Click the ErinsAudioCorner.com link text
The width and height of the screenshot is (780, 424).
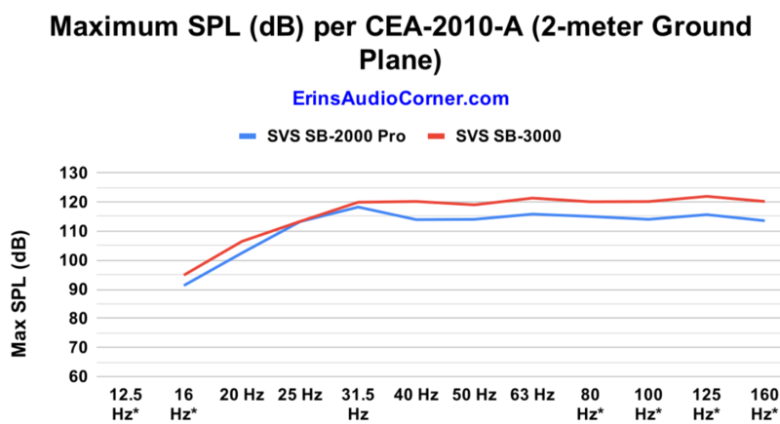[400, 98]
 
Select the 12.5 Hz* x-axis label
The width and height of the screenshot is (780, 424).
[126, 404]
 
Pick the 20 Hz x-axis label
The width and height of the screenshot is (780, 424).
[242, 395]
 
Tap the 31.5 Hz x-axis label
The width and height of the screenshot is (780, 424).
[357, 404]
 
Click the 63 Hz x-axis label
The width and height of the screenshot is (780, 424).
[530, 395]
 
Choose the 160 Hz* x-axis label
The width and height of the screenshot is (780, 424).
[761, 404]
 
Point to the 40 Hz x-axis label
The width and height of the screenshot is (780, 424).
[415, 395]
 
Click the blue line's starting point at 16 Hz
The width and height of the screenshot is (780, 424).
[184, 285]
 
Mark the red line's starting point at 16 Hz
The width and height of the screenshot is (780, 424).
[184, 275]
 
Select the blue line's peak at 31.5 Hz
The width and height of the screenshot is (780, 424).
[358, 207]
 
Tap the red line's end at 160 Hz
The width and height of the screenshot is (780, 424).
[763, 202]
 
